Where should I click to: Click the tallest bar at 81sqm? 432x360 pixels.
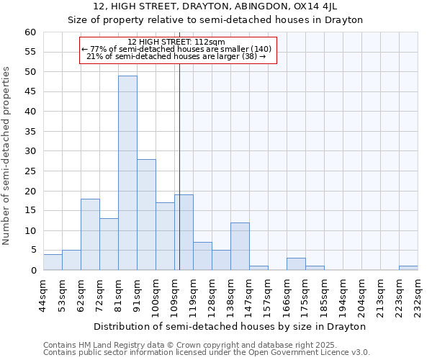[x=127, y=173]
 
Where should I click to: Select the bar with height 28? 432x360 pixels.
[x=146, y=215]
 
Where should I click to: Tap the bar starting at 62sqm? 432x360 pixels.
[x=90, y=234]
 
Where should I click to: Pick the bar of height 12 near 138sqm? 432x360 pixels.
[x=240, y=246]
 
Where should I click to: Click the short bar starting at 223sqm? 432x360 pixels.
[x=408, y=268]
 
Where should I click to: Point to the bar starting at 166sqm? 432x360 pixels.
[x=296, y=264]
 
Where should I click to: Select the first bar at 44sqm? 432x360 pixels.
[x=53, y=262]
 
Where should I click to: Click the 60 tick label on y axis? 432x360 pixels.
[x=30, y=32]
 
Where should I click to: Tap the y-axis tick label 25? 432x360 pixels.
[x=30, y=171]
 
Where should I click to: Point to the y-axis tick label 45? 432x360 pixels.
[x=30, y=91]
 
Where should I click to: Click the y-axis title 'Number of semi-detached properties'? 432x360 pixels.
[x=7, y=155]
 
